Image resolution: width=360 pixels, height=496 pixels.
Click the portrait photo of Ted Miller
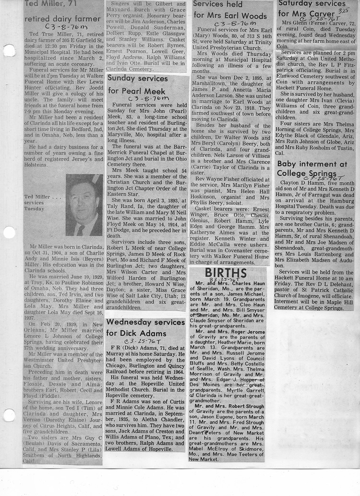pyautogui.click(x=84, y=205)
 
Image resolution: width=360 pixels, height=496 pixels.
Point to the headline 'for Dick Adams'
pyautogui.click(x=136, y=333)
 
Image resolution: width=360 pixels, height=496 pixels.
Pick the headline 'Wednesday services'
pyautogui.click(x=145, y=322)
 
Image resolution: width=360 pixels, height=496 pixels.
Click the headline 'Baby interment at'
pyautogui.click(x=312, y=164)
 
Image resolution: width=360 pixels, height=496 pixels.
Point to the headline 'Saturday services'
pyautogui.click(x=312, y=3)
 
